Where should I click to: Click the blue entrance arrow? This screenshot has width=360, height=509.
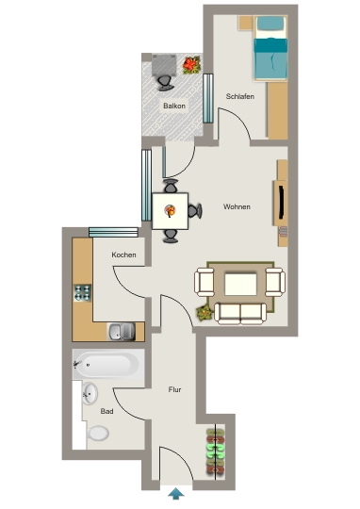176,493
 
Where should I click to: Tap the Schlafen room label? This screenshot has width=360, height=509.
240,96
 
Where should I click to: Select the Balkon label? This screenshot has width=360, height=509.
174,106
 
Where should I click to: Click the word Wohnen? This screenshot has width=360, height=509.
237,206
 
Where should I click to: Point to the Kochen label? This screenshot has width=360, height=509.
123,254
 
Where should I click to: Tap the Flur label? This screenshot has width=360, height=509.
174,389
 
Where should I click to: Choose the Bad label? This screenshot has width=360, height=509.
106,411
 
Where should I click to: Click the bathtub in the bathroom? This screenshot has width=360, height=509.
108,364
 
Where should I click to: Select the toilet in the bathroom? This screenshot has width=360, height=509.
98,434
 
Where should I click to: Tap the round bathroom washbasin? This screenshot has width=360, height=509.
90,393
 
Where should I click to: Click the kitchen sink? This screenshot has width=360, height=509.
122,332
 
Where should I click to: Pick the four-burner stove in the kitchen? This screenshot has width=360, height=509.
82,293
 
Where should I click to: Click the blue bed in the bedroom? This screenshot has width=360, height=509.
270,48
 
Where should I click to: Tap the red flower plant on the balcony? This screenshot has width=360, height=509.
191,65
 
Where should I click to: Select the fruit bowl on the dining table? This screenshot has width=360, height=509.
170,211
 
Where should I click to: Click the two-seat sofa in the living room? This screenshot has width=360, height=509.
240,314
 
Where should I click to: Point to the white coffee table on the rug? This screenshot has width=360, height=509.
240,285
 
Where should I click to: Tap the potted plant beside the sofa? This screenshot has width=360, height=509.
205,313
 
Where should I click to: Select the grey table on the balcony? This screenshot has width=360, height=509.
164,65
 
